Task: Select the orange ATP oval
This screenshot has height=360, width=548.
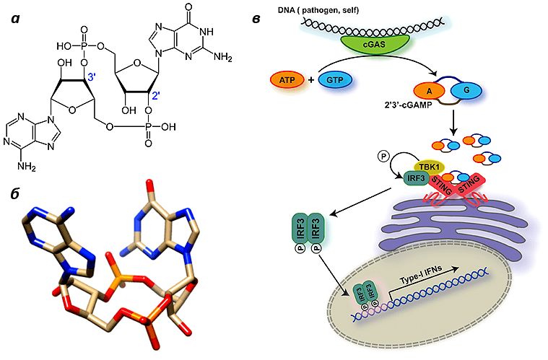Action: (x=287, y=80)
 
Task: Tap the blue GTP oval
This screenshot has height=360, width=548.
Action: (x=335, y=80)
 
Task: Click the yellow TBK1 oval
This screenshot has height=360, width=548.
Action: (x=429, y=167)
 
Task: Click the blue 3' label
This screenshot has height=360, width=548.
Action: (x=92, y=77)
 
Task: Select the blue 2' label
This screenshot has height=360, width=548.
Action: (x=155, y=96)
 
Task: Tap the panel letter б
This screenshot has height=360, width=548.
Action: (x=15, y=193)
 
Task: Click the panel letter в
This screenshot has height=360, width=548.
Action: (x=256, y=19)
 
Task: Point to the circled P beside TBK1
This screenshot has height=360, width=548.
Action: (x=383, y=157)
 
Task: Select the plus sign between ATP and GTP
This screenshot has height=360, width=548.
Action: (x=311, y=80)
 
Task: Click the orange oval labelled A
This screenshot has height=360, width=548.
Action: (x=430, y=91)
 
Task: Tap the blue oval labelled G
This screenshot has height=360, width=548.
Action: (x=466, y=90)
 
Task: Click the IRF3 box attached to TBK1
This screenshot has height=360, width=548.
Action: (x=417, y=178)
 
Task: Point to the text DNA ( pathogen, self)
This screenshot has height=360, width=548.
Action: (x=318, y=10)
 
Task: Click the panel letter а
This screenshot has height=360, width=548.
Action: (x=15, y=19)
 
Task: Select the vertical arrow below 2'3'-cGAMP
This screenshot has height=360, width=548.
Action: (x=453, y=123)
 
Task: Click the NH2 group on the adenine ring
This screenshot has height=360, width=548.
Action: (x=27, y=166)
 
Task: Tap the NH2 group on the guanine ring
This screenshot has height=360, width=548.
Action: (x=222, y=57)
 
